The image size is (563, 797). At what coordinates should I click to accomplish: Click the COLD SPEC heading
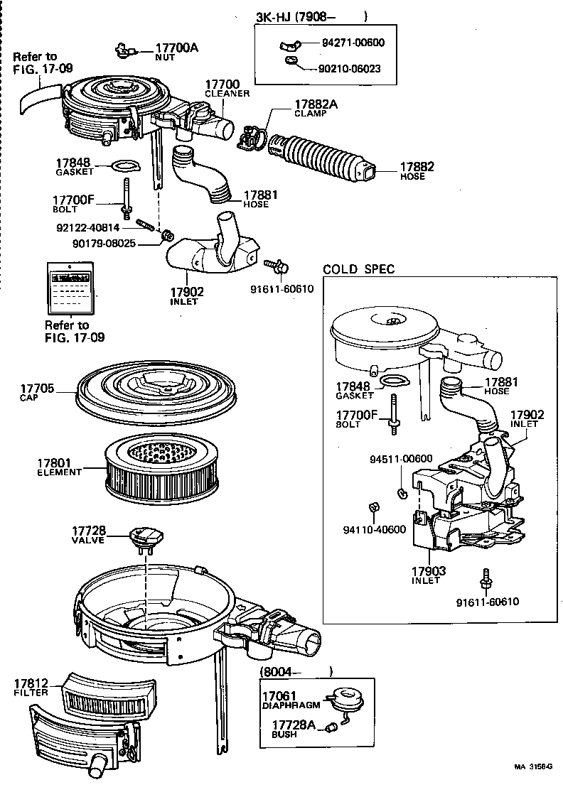point(358,269)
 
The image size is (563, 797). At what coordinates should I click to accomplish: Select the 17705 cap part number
point(37,388)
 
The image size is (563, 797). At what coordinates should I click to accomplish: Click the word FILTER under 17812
point(31,692)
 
